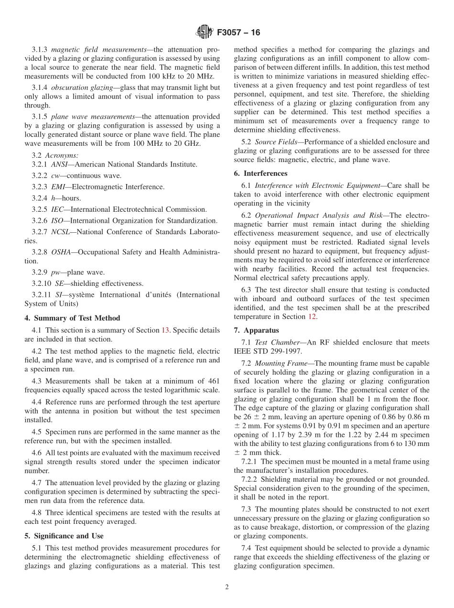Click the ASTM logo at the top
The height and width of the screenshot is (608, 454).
[205, 33]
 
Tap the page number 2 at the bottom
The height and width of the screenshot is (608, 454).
[227, 588]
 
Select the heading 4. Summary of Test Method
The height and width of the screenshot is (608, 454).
[72, 318]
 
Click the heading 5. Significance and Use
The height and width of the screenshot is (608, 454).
[64, 536]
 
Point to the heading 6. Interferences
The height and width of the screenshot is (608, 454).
[260, 173]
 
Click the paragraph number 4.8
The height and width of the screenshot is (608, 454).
[38, 513]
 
